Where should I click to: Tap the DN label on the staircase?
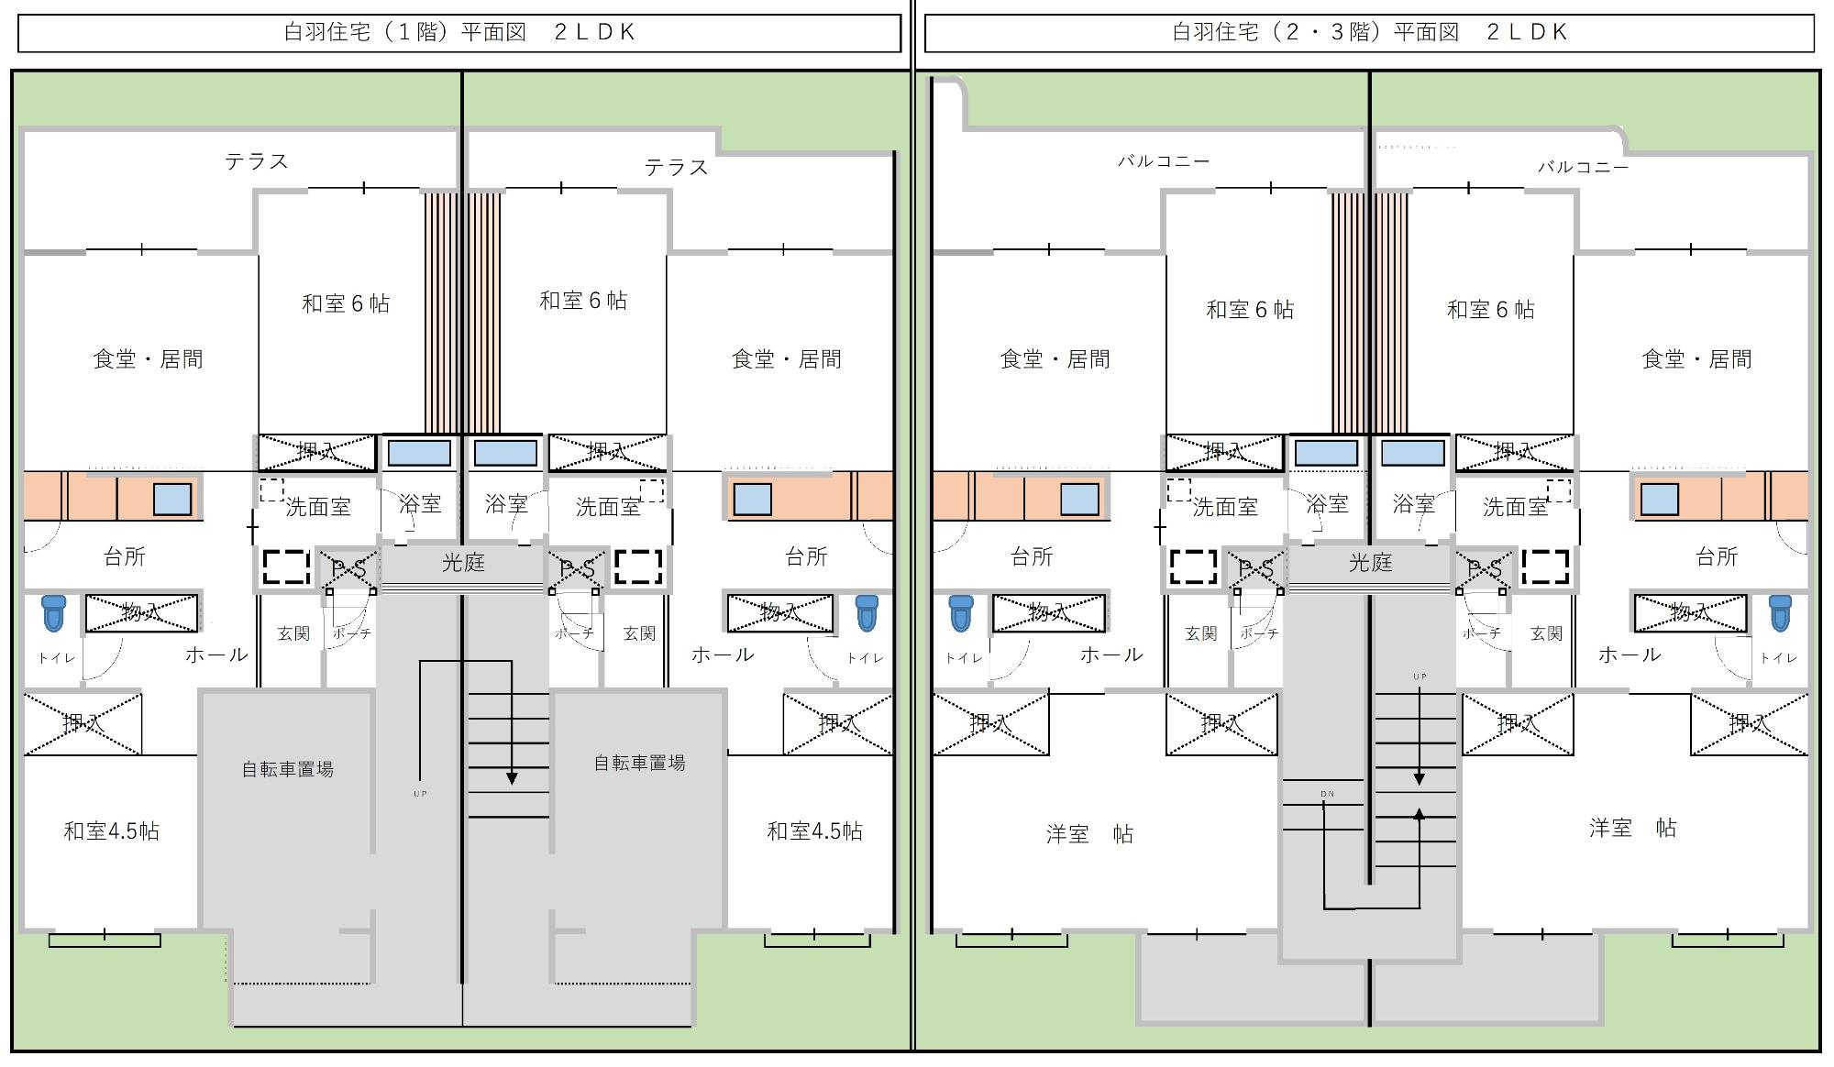(x=1327, y=794)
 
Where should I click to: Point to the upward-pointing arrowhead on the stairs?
(x=1419, y=813)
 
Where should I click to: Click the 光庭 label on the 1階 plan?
(x=463, y=563)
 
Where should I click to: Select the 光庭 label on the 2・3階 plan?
(x=1370, y=563)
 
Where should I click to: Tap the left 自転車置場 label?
(x=288, y=769)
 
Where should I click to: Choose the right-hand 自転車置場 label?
(x=639, y=763)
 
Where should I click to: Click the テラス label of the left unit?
(x=257, y=161)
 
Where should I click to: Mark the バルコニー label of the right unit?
(x=1583, y=167)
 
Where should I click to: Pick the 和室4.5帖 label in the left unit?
(x=111, y=830)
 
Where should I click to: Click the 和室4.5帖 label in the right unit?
(x=814, y=830)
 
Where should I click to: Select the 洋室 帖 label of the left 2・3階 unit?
(x=1089, y=834)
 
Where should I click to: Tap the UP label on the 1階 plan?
(x=420, y=794)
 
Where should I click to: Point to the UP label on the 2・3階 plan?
(x=1420, y=677)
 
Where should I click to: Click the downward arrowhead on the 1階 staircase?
(x=512, y=779)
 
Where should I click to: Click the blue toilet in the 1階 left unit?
(x=54, y=612)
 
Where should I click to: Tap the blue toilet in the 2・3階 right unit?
(x=1780, y=612)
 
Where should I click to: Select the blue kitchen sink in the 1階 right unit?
(x=753, y=500)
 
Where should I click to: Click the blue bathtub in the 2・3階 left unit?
(x=1326, y=453)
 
